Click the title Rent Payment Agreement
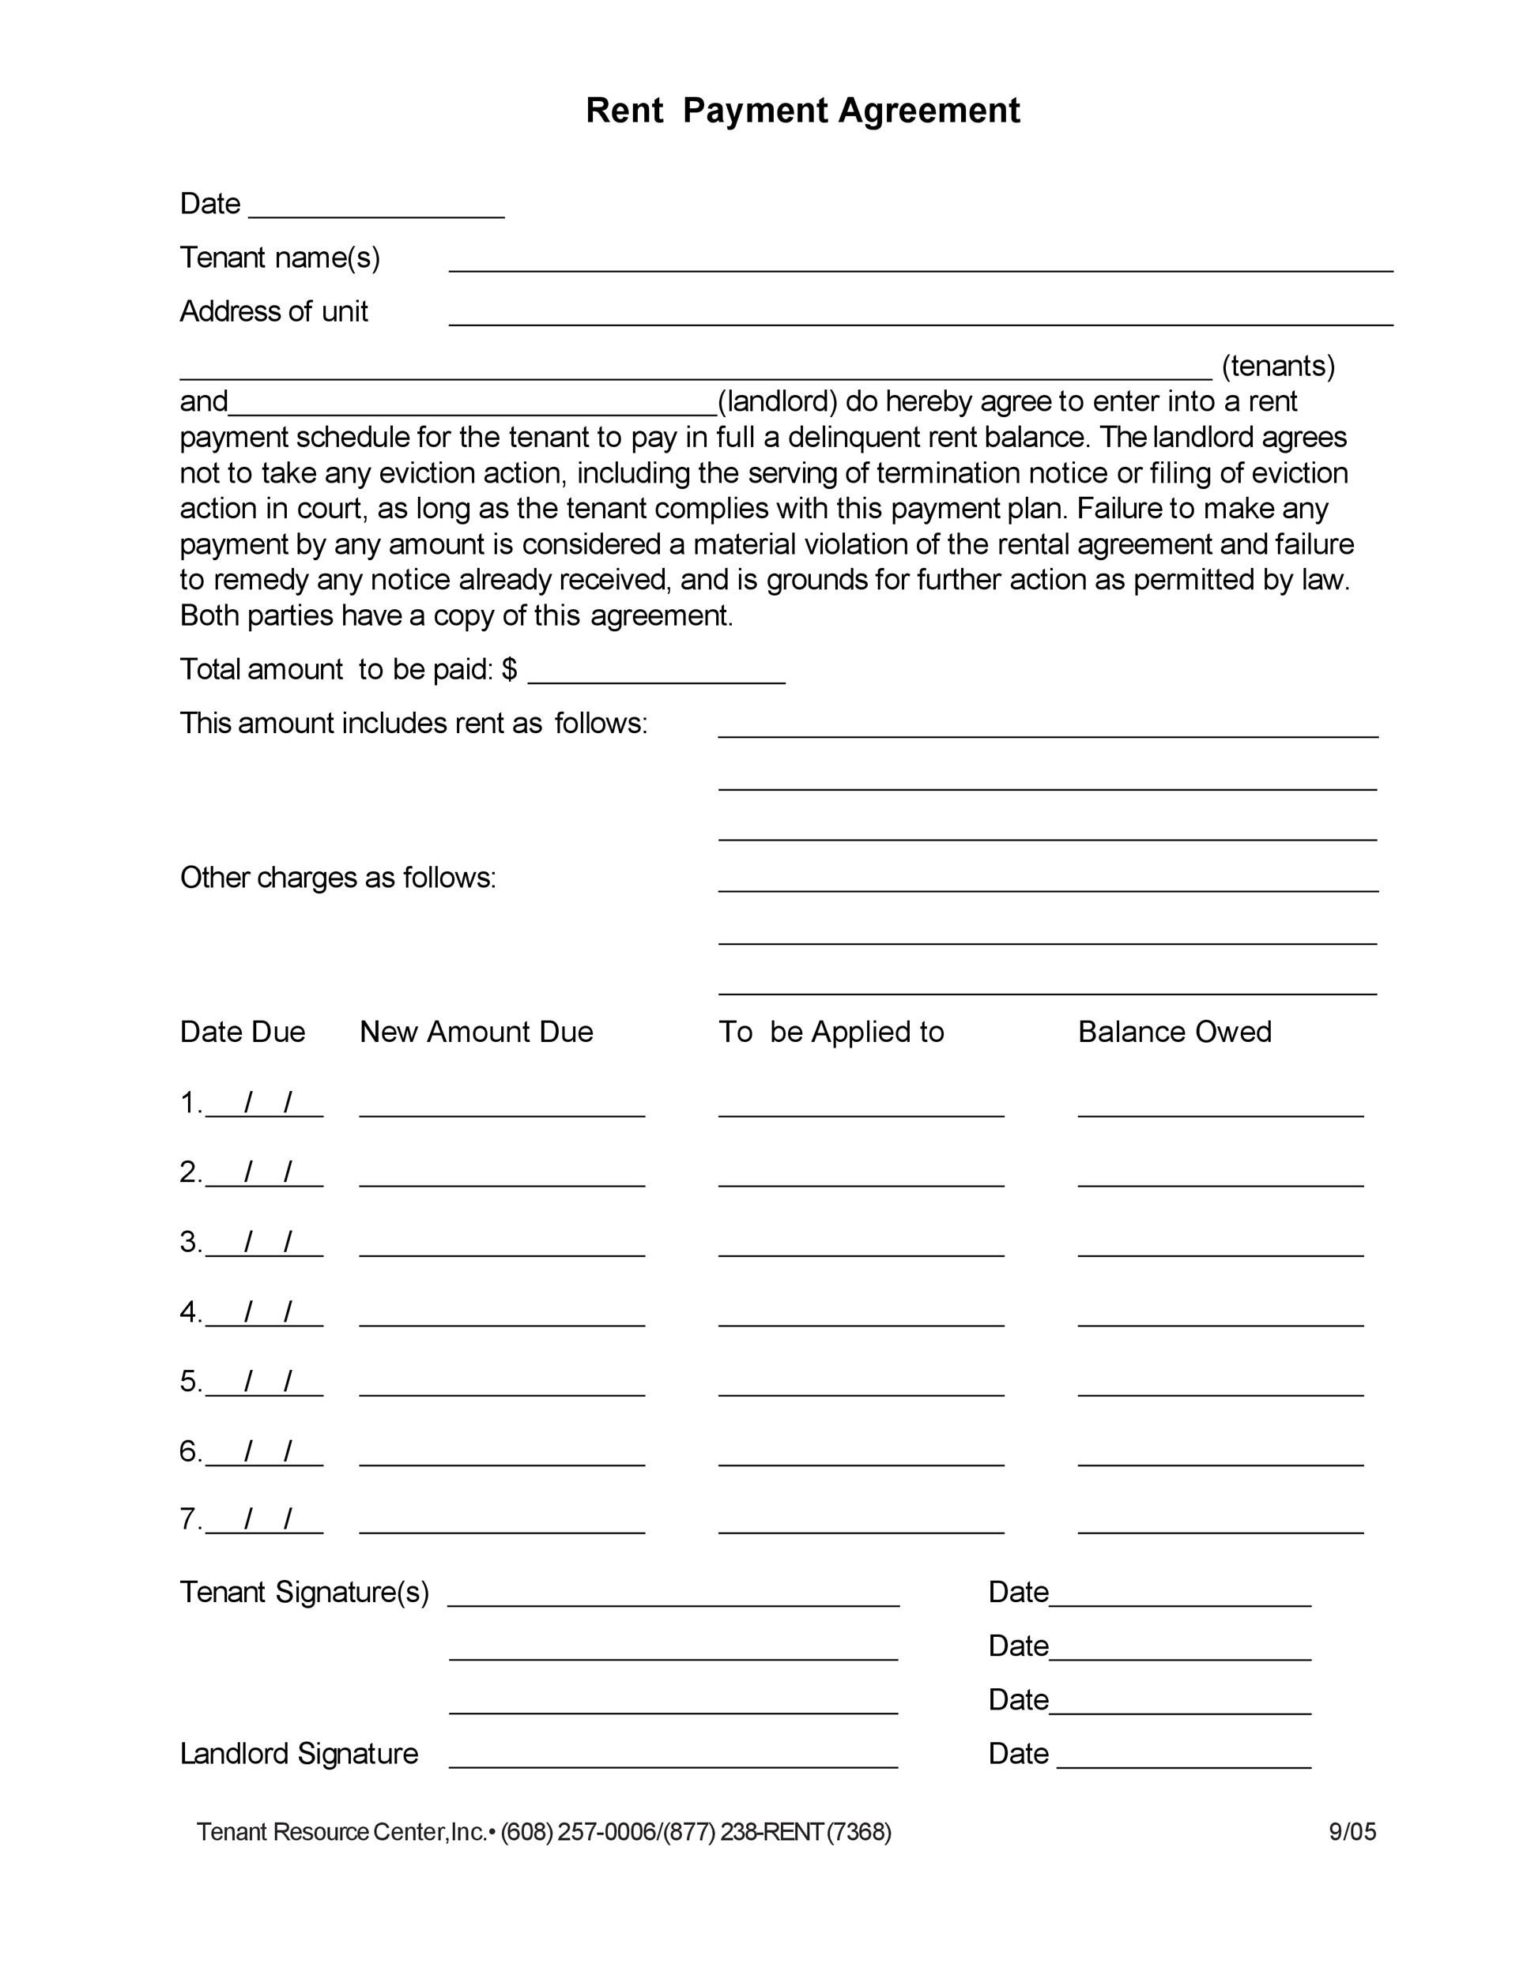pos(802,111)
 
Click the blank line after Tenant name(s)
pos(920,262)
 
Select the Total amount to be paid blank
pos(656,674)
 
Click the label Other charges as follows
pos(337,878)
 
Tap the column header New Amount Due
pos(476,1032)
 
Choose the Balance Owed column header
pos(1174,1032)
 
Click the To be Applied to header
pos(831,1032)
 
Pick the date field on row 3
pos(264,1244)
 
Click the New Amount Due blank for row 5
pos(502,1386)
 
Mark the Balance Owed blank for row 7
pos(1220,1524)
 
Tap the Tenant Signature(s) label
pos(304,1593)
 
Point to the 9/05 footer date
pos(1352,1832)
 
